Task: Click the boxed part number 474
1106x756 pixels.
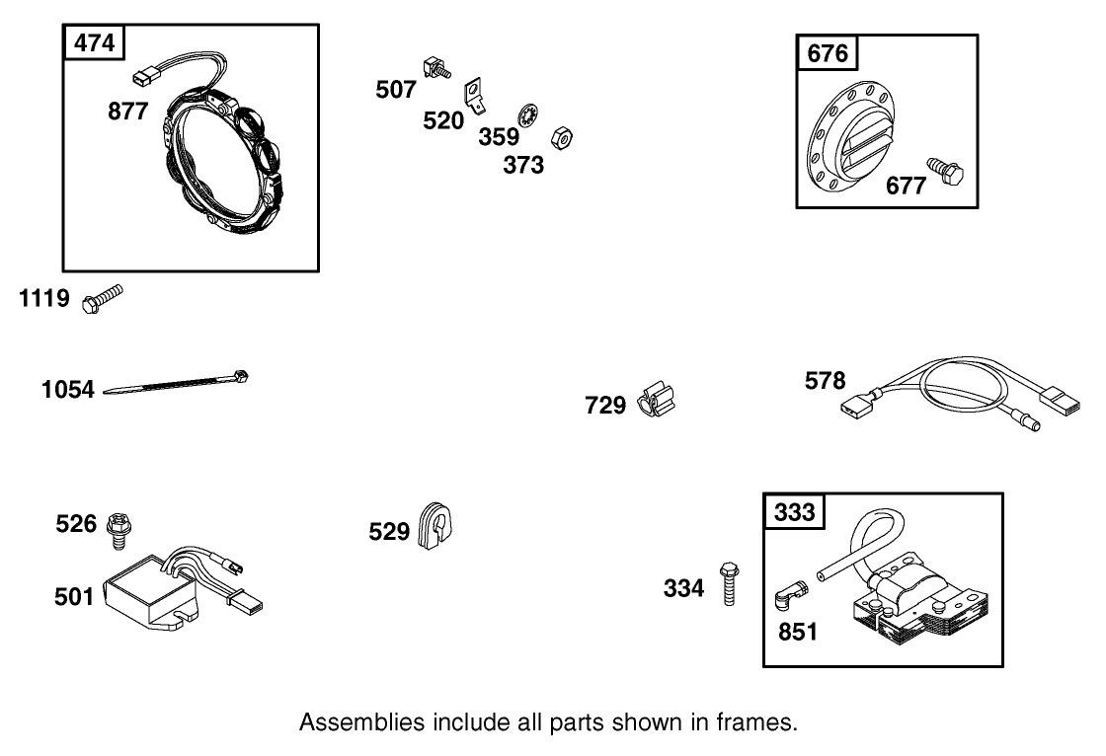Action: (94, 42)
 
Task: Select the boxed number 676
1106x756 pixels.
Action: (828, 53)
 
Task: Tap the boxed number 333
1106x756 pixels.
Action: (794, 511)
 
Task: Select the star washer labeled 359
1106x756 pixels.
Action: (529, 115)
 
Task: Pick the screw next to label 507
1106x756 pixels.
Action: (434, 69)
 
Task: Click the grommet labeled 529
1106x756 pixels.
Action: (434, 523)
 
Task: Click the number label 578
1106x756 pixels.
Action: (826, 381)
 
